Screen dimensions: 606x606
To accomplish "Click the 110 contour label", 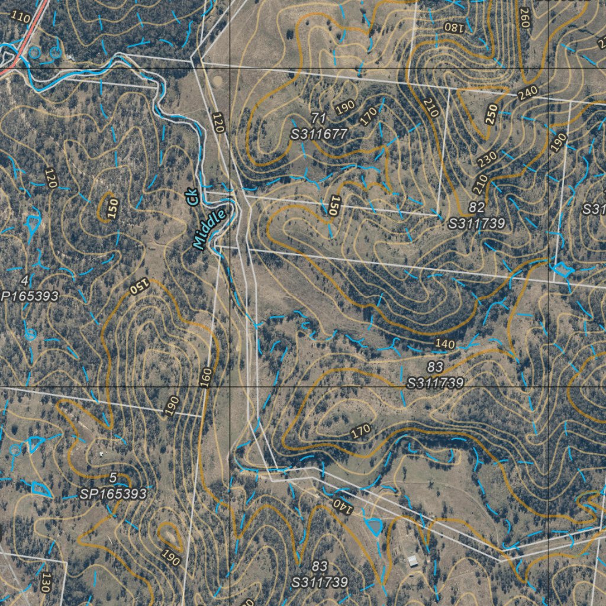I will point(21,17).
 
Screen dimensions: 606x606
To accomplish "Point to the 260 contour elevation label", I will point(524,18).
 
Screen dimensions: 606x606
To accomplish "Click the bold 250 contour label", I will point(491,114).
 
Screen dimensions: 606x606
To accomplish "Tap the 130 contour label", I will point(44,582).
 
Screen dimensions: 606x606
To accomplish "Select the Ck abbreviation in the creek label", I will point(192,197).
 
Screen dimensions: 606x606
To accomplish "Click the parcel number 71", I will point(318,118).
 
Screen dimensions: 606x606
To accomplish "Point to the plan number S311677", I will point(318,134).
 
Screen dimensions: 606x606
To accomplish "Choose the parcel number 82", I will point(476,207).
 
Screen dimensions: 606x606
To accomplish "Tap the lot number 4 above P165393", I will point(24,280).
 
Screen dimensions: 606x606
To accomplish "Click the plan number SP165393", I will point(112,494).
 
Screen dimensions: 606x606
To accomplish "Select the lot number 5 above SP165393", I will point(112,478).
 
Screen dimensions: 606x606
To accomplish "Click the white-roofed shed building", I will point(412,560).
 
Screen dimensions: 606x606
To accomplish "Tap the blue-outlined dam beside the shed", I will point(374,526).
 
